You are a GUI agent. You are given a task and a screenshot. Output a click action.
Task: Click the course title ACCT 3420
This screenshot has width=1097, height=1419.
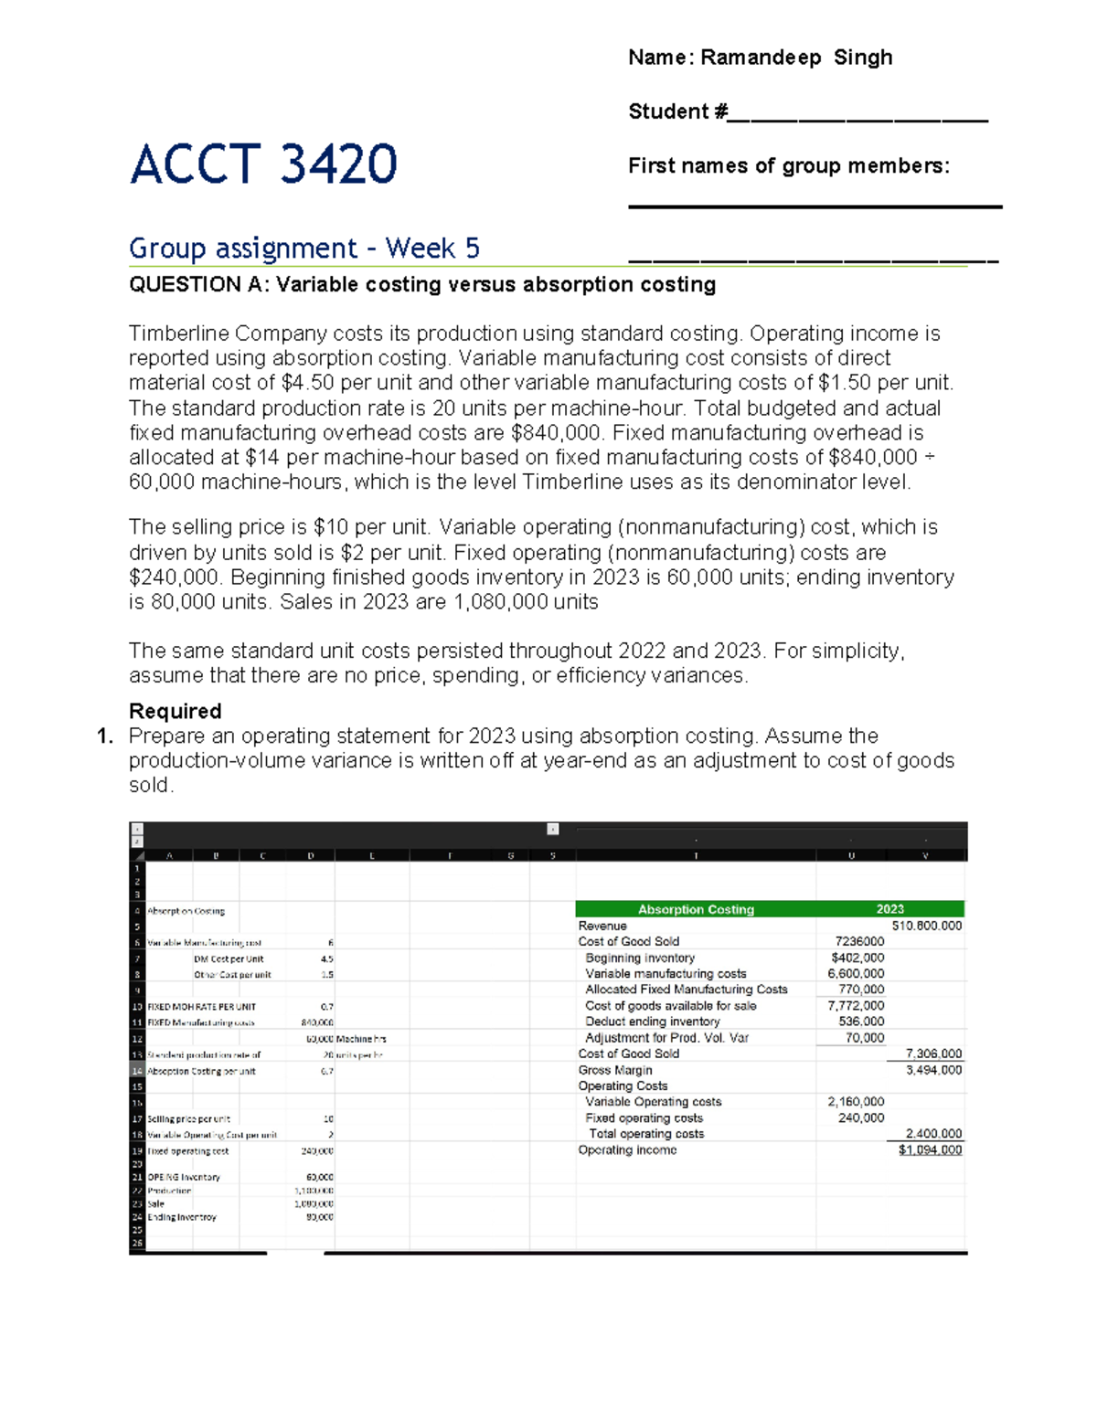[263, 164]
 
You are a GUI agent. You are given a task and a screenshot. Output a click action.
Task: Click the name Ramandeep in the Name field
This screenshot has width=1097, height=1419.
[761, 58]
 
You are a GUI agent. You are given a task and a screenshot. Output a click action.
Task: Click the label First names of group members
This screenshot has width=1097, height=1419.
[788, 165]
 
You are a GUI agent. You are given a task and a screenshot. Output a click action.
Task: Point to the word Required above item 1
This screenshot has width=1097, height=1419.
[175, 711]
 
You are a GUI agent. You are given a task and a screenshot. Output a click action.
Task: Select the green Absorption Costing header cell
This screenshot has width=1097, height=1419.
[696, 909]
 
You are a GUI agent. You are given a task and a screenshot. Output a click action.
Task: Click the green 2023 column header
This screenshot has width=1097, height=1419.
[889, 909]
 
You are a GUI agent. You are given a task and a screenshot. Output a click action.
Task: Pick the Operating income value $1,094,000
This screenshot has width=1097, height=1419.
[930, 1150]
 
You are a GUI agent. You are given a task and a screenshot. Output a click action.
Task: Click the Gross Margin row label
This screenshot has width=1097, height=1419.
[615, 1070]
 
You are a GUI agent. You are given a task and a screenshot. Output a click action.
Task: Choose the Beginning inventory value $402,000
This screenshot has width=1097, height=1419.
[857, 958]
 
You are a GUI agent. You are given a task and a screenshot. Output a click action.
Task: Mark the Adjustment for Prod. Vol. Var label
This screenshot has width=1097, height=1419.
[666, 1038]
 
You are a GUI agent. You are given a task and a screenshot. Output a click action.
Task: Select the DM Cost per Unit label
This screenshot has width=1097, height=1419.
[229, 959]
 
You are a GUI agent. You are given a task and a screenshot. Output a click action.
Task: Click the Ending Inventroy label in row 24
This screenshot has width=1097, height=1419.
[182, 1217]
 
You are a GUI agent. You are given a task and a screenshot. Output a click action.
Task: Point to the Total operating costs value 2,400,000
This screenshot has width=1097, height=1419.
[933, 1134]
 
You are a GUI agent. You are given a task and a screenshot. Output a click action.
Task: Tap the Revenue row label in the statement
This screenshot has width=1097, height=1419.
[602, 926]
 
